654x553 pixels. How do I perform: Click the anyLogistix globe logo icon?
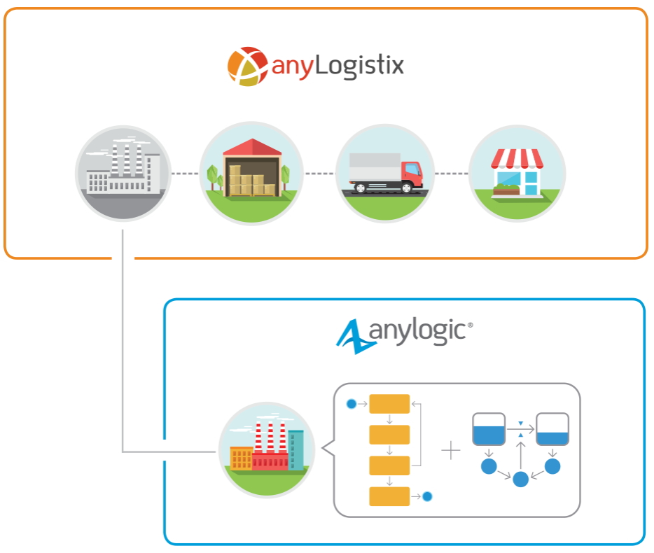pos(247,66)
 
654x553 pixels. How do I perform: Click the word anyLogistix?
pos(338,66)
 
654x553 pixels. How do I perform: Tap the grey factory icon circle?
pos(123,173)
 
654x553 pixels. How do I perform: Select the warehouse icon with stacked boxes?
pos(251,173)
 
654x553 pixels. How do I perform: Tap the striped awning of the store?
pos(517,159)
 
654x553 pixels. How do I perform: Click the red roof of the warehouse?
pos(252,147)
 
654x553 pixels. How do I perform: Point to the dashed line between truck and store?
pos(451,173)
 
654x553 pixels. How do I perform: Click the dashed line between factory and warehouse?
pos(186,173)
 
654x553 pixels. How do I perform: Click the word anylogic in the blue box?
pos(420,332)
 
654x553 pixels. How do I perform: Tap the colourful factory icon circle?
pos(267,449)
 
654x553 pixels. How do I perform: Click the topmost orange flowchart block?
pos(389,404)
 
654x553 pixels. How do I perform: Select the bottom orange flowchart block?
pos(389,496)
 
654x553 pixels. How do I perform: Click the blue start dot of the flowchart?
pos(352,404)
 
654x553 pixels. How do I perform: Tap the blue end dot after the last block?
pos(427,496)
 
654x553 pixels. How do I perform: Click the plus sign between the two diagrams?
pos(451,450)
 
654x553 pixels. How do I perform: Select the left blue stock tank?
pos(489,429)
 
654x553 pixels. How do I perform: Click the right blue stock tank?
pos(552,429)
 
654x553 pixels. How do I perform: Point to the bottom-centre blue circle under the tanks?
pos(520,479)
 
